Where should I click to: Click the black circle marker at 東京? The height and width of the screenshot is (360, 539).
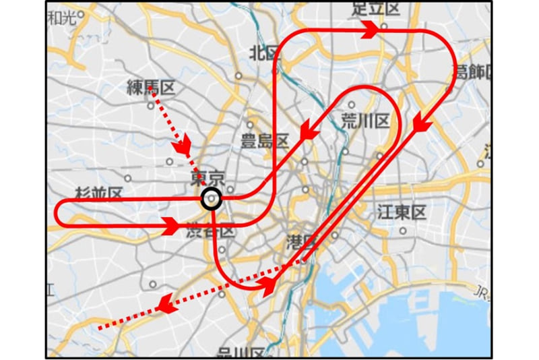click(x=212, y=200)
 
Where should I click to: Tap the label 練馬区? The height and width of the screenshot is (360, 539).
click(x=151, y=87)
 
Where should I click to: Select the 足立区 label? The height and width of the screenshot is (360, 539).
click(x=376, y=9)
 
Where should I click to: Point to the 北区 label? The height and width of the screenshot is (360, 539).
click(x=263, y=52)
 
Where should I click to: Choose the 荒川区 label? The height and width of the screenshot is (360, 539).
click(x=366, y=121)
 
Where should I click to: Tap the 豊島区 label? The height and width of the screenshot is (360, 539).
click(x=265, y=141)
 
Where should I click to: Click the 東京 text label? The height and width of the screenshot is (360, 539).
click(x=207, y=179)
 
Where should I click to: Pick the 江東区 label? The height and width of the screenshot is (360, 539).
click(x=403, y=213)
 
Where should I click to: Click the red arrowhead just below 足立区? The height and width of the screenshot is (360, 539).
click(x=370, y=30)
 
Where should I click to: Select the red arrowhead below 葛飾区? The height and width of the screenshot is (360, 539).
click(x=422, y=124)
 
